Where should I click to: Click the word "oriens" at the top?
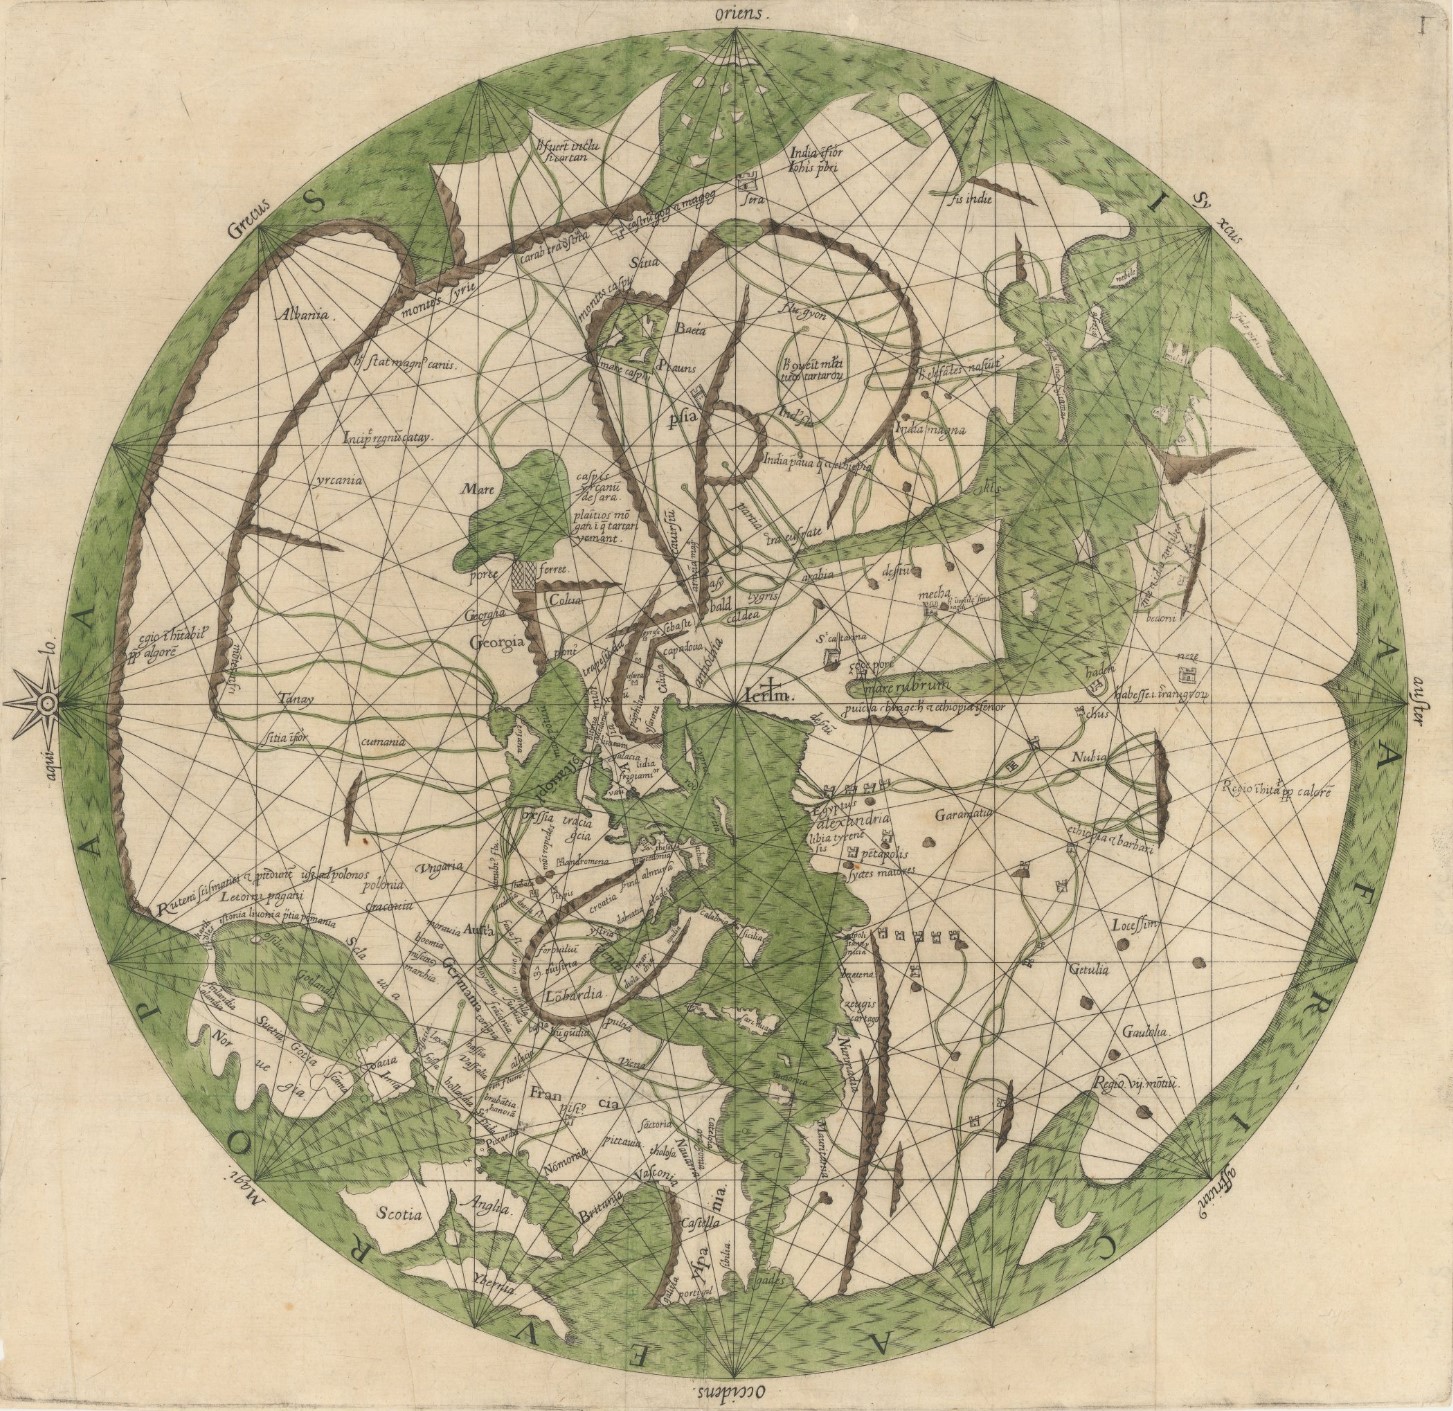click(x=737, y=15)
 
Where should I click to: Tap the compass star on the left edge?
click(x=45, y=705)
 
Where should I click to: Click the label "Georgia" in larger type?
click(x=498, y=644)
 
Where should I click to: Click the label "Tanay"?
click(x=289, y=702)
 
